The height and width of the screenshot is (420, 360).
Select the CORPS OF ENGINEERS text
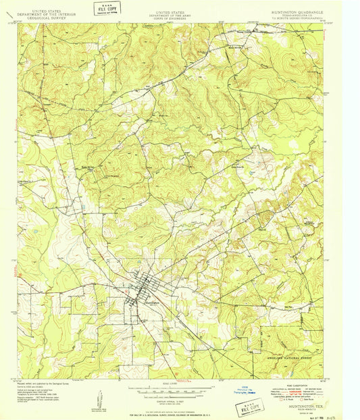[x=180, y=19]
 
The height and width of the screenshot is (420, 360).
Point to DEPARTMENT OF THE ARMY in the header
[x=180, y=16]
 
